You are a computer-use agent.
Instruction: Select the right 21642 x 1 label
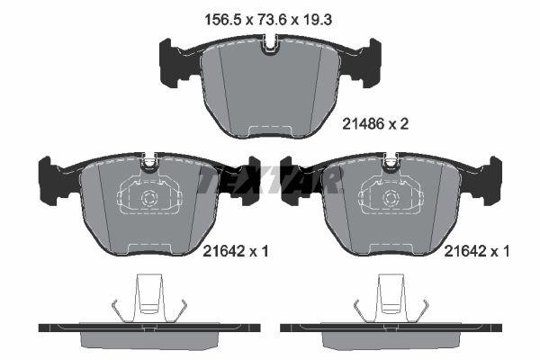coord(477,253)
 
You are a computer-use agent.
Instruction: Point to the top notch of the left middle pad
coord(150,162)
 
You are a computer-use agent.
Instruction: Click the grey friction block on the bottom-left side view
coord(150,337)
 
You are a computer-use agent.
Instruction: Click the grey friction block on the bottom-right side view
coord(391,337)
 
